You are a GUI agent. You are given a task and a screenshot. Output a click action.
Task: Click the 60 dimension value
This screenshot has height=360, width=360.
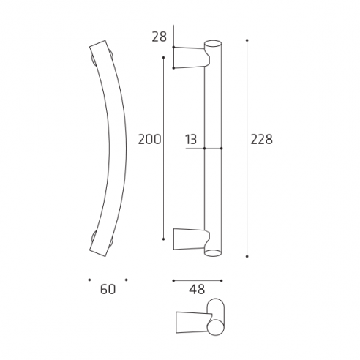pos(108,290)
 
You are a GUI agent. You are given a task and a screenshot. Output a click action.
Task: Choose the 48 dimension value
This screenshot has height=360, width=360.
pos(197,290)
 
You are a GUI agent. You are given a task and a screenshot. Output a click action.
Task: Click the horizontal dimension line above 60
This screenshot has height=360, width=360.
pos(108,280)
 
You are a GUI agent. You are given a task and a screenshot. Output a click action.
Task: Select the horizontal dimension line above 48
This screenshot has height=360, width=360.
pos(197,280)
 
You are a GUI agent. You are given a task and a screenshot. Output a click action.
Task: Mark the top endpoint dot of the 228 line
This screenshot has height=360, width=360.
pos(247,40)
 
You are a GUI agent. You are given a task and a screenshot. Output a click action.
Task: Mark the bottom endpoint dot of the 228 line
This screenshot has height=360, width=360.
pos(247,256)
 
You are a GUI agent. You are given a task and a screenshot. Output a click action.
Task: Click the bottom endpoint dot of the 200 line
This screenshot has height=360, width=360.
pos(162,239)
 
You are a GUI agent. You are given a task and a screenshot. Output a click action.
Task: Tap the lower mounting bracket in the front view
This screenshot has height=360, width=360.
pos(189,239)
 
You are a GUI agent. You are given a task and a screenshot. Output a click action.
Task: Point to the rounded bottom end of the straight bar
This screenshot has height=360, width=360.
pos(213,252)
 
